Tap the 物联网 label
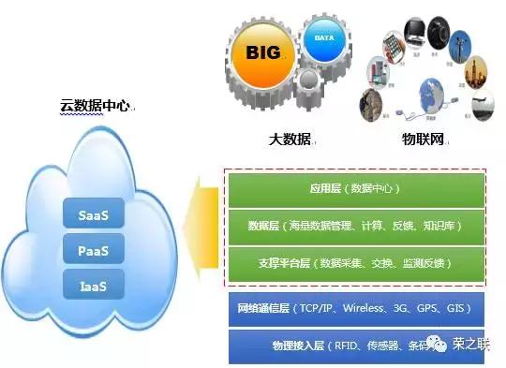[422, 140]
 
